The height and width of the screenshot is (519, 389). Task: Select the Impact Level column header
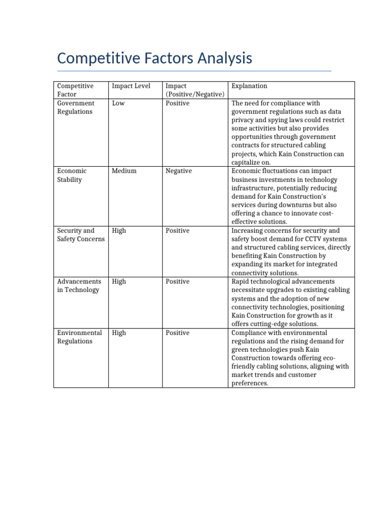click(x=131, y=86)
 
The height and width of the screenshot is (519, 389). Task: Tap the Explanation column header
click(x=249, y=86)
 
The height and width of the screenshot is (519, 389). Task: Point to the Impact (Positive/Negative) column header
click(x=194, y=90)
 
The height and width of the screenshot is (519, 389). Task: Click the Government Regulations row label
click(x=75, y=107)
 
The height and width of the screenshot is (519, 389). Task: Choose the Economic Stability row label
click(x=71, y=175)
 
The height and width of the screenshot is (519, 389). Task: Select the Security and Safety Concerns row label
click(x=81, y=235)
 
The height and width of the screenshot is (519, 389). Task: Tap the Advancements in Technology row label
click(x=80, y=286)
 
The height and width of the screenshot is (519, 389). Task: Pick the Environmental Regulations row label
click(x=80, y=337)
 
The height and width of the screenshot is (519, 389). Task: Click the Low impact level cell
click(x=118, y=103)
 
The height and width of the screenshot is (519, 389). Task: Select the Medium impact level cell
click(x=124, y=171)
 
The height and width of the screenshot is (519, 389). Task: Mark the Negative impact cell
click(x=178, y=171)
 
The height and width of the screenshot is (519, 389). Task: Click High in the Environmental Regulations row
click(x=119, y=333)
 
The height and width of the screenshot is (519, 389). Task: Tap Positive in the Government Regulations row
click(x=177, y=103)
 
